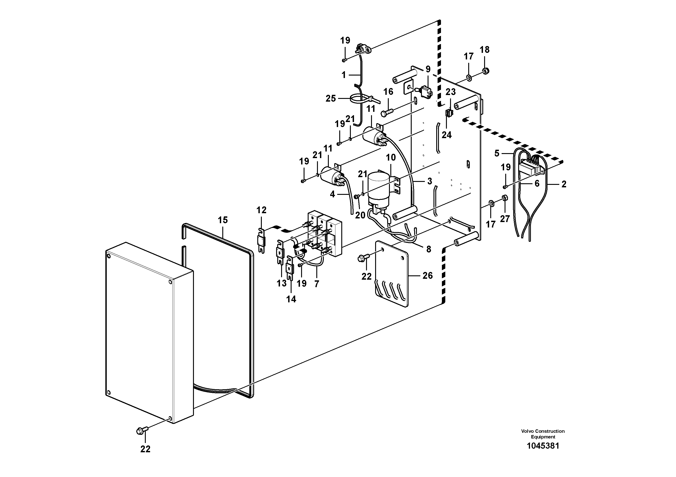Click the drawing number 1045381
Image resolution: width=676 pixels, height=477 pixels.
(x=543, y=446)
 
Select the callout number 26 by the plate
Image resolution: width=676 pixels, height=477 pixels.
(x=428, y=275)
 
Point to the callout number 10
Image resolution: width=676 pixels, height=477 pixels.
(x=391, y=158)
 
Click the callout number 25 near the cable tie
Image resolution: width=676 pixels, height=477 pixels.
(x=331, y=98)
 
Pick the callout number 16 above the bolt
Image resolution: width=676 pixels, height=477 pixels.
(x=388, y=92)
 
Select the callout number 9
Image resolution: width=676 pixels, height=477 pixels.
(x=428, y=69)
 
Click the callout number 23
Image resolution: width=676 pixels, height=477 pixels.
(x=451, y=92)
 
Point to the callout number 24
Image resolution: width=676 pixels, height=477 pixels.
(x=446, y=135)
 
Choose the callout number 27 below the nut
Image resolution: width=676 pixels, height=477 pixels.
(x=505, y=219)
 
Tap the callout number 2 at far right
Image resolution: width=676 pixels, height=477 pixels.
(x=564, y=184)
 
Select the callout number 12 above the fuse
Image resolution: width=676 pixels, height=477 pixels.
(x=261, y=210)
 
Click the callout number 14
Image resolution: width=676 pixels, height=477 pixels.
(x=291, y=299)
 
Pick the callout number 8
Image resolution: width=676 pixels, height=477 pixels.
(x=428, y=249)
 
